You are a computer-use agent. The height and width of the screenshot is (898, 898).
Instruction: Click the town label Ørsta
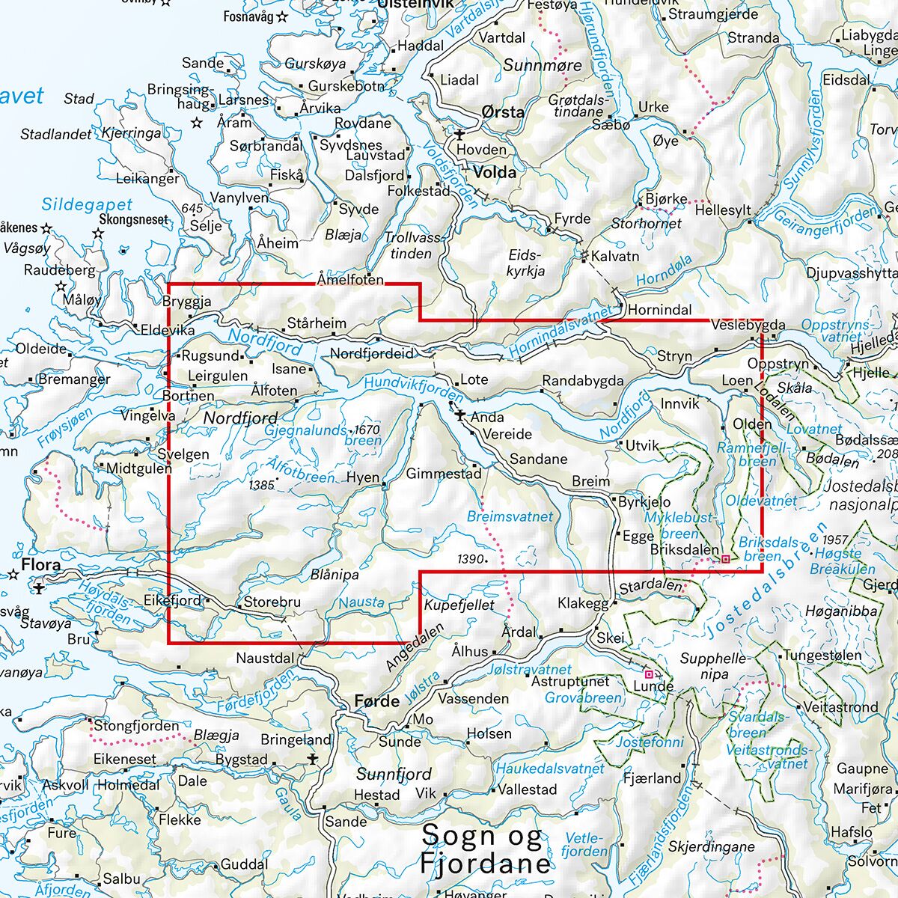click(503, 112)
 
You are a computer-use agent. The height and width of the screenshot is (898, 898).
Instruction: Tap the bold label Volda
click(495, 172)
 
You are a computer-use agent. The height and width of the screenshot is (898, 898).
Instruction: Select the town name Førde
click(376, 701)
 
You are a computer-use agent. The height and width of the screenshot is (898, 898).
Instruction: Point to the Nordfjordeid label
click(372, 353)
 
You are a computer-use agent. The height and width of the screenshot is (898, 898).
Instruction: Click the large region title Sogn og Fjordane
click(485, 850)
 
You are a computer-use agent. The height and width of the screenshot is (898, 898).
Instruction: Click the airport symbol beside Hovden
click(458, 135)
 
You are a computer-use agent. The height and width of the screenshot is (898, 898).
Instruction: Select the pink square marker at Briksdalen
click(725, 558)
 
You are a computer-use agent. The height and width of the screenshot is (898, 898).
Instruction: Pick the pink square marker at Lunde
click(648, 674)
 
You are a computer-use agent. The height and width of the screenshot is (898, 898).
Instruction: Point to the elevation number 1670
click(367, 430)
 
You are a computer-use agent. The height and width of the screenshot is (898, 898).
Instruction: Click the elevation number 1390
click(471, 558)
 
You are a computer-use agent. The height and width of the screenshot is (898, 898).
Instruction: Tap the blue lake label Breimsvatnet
click(510, 516)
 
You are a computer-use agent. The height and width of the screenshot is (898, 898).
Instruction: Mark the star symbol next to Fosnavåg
click(282, 16)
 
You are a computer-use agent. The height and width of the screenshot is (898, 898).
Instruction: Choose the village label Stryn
click(674, 356)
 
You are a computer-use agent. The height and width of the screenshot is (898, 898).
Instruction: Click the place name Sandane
click(538, 459)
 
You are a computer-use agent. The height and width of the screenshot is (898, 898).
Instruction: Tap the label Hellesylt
click(722, 210)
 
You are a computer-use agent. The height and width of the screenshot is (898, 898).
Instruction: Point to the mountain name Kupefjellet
click(459, 604)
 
